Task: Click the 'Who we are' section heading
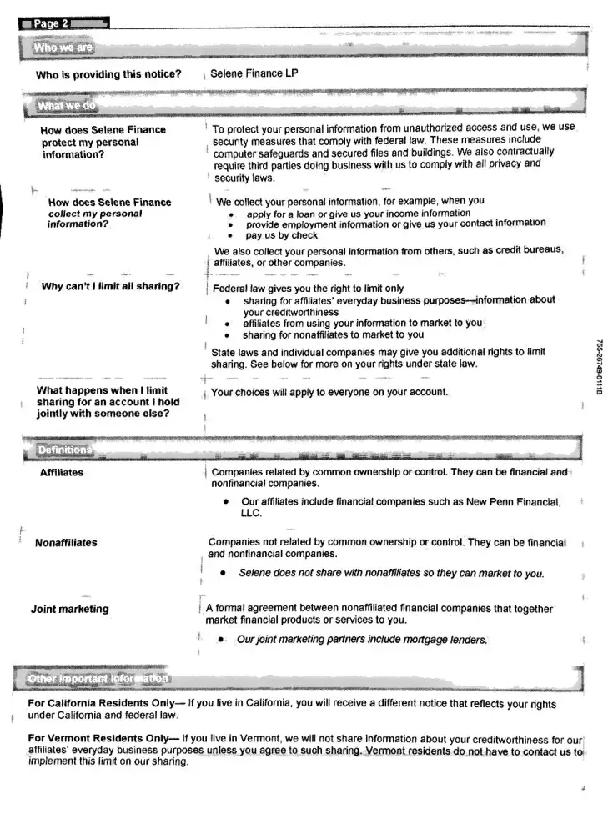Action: point(63,48)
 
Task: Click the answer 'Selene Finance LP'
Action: point(254,74)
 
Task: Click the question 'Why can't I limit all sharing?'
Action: point(111,287)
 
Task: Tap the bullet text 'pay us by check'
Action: point(282,236)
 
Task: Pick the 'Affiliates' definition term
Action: point(62,473)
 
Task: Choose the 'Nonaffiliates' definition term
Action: point(66,543)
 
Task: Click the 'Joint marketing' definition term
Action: point(70,609)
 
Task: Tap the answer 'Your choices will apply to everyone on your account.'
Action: point(330,392)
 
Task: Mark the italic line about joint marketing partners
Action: point(362,640)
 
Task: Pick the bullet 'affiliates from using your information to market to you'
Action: point(363,323)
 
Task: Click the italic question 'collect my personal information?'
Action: point(95,219)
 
